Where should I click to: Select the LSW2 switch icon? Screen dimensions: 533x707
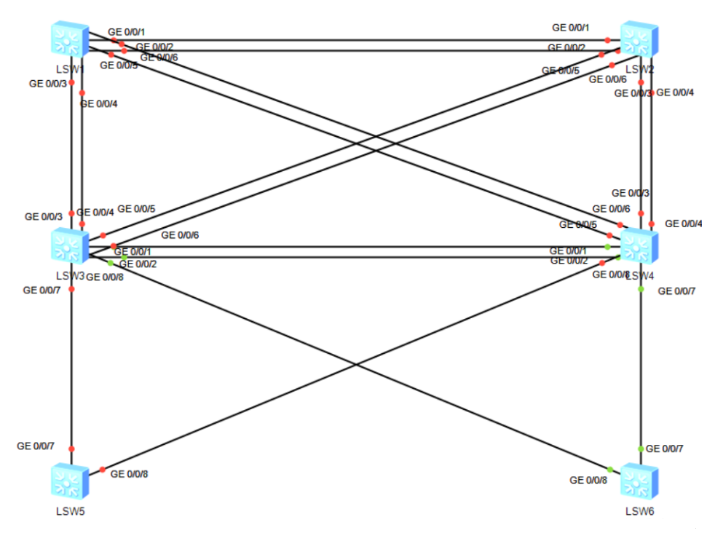click(x=639, y=40)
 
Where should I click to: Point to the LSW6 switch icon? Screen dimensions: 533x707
click(x=639, y=481)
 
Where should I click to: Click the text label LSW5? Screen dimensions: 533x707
click(x=71, y=510)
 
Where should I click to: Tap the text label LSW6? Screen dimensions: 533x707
click(x=639, y=510)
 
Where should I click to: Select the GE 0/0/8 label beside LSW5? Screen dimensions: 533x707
click(x=129, y=474)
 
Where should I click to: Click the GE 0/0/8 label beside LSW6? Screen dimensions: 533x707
click(x=588, y=480)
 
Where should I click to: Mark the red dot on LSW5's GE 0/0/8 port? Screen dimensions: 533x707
click(x=103, y=469)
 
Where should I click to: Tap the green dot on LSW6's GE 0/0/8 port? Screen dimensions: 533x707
click(x=610, y=469)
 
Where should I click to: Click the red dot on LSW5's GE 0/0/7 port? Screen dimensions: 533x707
click(x=71, y=449)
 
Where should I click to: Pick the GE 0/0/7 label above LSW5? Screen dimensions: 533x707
click(x=35, y=445)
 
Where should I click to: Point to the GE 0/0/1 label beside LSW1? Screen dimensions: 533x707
click(x=127, y=32)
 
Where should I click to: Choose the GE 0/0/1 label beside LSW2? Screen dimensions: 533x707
click(x=570, y=28)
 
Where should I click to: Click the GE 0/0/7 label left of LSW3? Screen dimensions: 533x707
click(x=42, y=290)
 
